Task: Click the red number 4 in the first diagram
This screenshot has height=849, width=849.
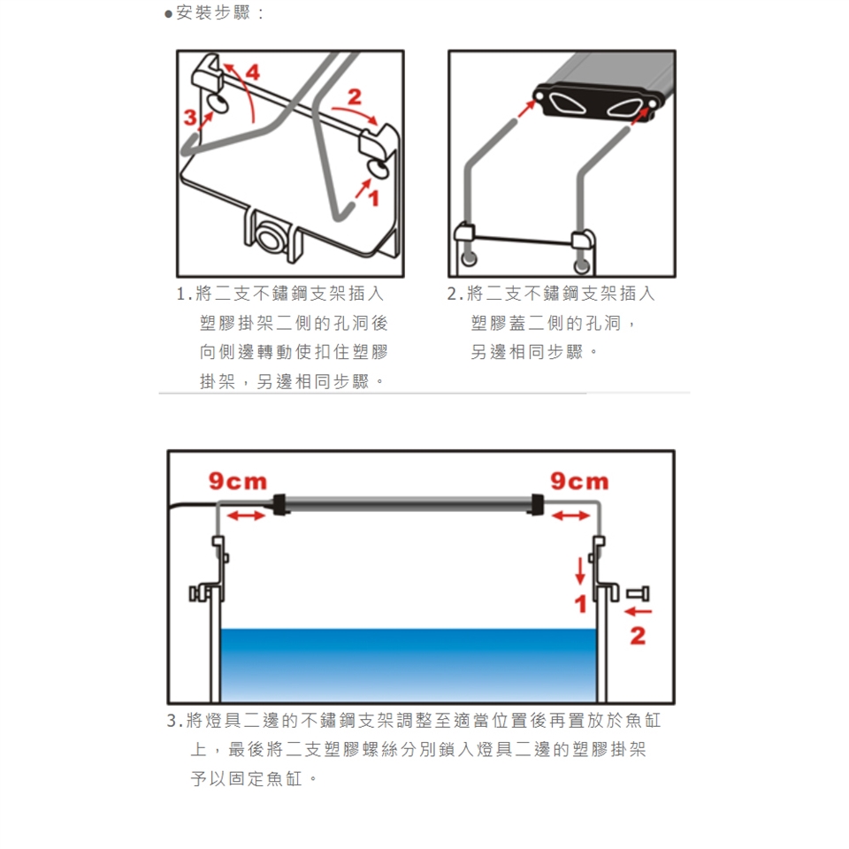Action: (x=253, y=72)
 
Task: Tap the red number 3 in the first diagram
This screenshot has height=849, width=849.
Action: (x=190, y=117)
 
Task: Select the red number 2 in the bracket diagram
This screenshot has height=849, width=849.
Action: (x=354, y=97)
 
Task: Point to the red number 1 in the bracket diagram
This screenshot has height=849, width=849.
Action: (x=373, y=198)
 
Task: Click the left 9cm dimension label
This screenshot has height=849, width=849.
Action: (x=238, y=481)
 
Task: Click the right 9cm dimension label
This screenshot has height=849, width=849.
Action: (x=579, y=481)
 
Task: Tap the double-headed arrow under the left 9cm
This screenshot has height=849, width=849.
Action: (x=247, y=516)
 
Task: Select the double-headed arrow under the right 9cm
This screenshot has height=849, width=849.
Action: (x=570, y=516)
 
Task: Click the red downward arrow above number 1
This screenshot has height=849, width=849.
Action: (x=580, y=571)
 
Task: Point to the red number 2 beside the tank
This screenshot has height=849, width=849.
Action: (x=638, y=636)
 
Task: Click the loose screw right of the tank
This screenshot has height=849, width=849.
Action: (x=638, y=594)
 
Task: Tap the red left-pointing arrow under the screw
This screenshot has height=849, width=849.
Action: (x=638, y=612)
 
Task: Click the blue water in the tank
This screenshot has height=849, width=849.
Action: (x=409, y=665)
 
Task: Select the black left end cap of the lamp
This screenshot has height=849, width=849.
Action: (x=279, y=504)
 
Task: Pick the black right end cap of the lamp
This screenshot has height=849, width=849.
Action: (x=538, y=504)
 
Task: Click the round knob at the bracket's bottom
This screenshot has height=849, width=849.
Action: (x=268, y=238)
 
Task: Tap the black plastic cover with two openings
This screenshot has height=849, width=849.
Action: (x=596, y=103)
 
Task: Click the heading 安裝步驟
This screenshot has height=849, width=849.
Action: (x=213, y=12)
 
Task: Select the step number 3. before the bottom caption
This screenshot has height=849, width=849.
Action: (x=174, y=721)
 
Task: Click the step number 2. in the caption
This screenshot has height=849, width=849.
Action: (x=455, y=294)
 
